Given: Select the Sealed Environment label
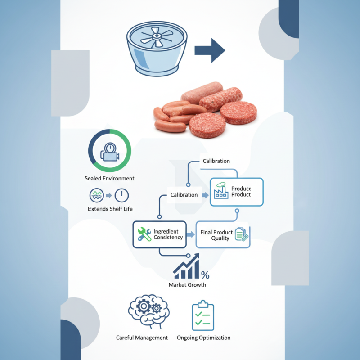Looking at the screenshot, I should click(x=109, y=178).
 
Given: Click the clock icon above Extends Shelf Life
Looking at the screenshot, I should click(x=121, y=195).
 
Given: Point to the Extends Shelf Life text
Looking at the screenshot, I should click(x=110, y=209).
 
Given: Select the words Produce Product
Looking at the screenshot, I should click(x=241, y=192).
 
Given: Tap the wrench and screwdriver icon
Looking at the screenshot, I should click(x=144, y=234).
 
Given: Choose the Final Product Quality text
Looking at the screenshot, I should click(x=216, y=235).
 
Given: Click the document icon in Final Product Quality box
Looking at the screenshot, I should click(x=242, y=234).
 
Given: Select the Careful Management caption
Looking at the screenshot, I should click(x=142, y=337).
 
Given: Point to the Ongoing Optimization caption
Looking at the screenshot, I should click(x=203, y=337).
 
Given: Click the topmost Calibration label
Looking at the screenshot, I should click(x=216, y=161).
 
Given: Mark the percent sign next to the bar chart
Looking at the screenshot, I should click(x=205, y=275).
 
